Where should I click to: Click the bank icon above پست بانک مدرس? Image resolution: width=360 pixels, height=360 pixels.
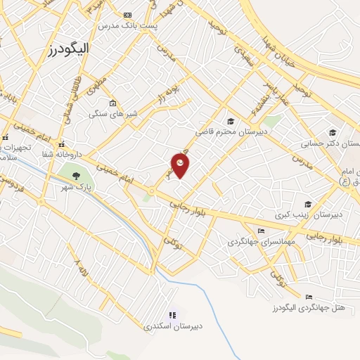pyautogui.click(x=127, y=15)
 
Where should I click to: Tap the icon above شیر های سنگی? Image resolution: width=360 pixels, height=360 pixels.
pyautogui.click(x=112, y=103)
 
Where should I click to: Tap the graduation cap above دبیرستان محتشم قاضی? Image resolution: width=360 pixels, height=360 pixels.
pyautogui.click(x=231, y=121)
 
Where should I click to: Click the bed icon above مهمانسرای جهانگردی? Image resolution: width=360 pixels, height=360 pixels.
pyautogui.click(x=262, y=231)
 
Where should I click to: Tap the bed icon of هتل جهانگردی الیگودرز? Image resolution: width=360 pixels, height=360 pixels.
pyautogui.click(x=309, y=297)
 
